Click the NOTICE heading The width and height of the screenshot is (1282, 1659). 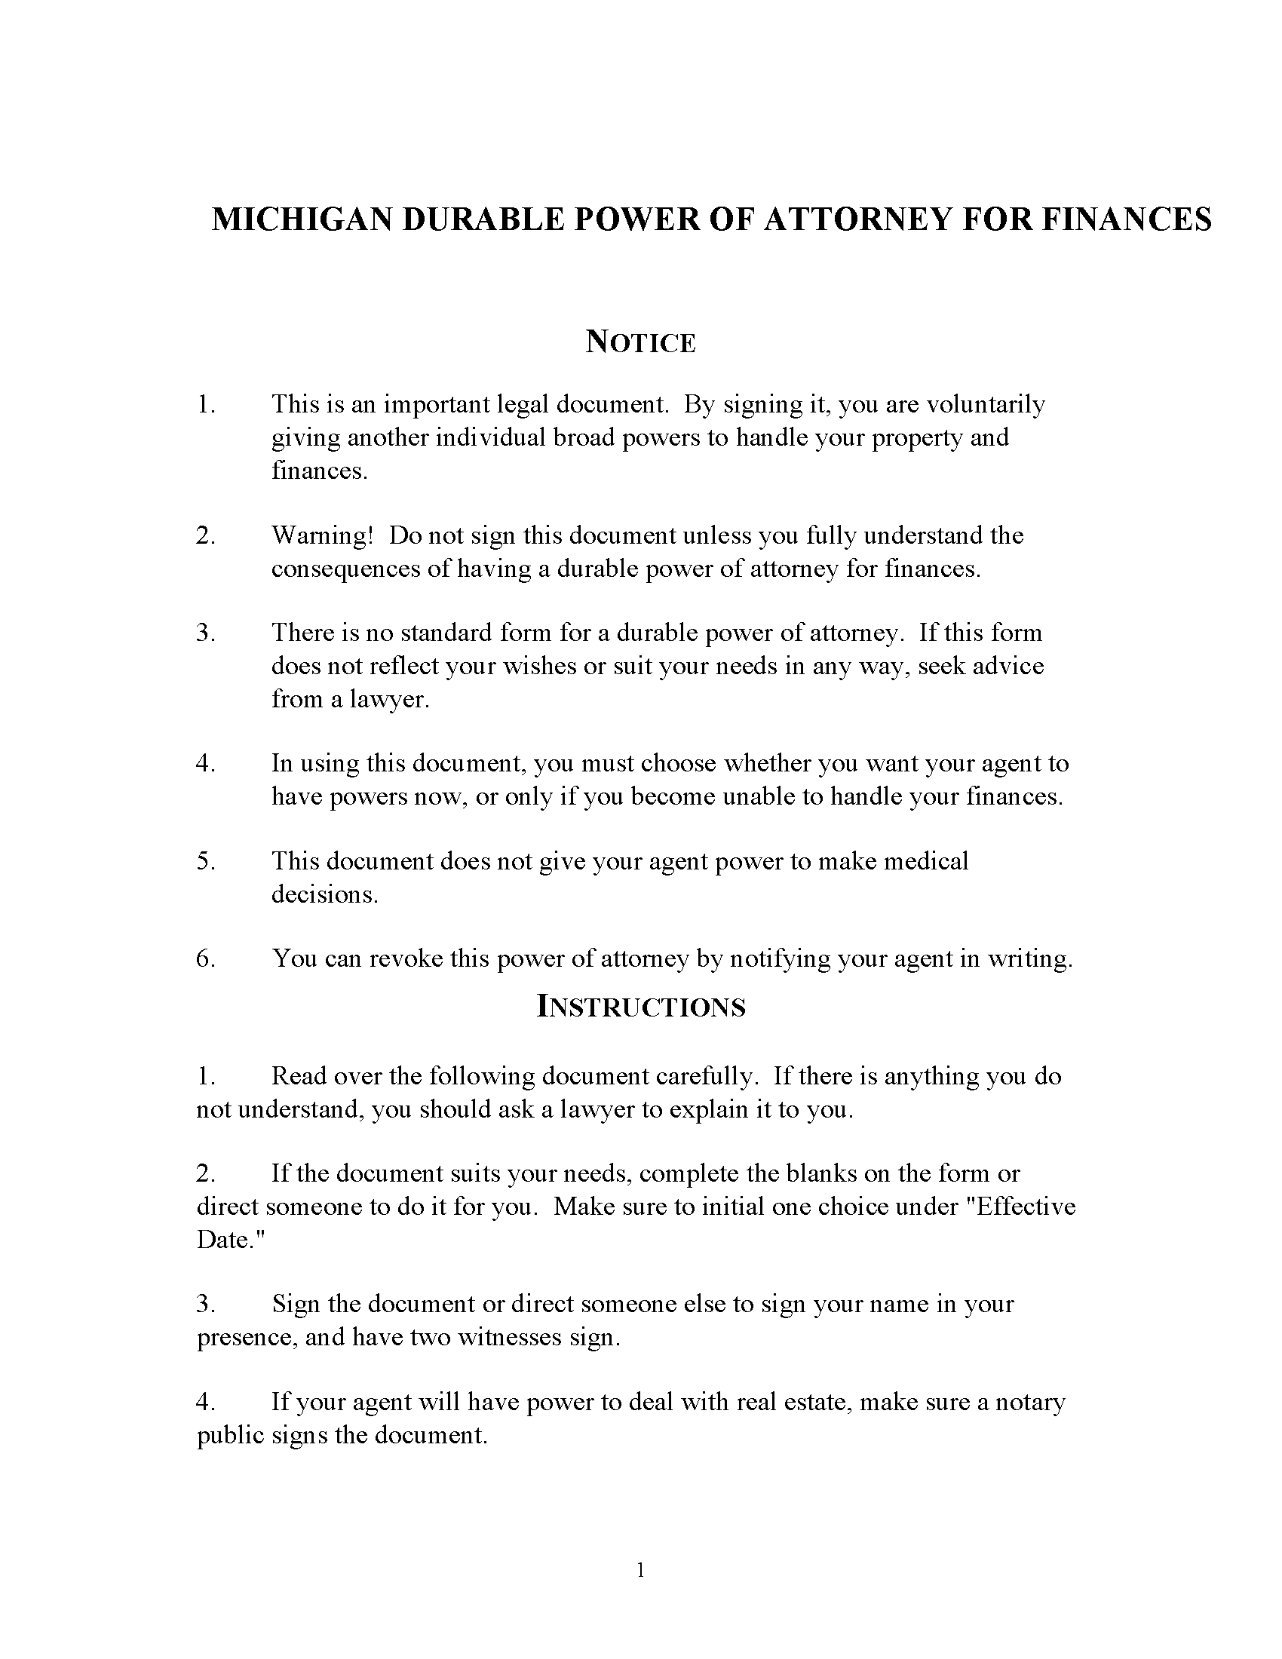pos(640,342)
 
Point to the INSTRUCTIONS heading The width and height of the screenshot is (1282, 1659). pos(640,1007)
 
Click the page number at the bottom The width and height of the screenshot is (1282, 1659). pos(640,1570)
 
